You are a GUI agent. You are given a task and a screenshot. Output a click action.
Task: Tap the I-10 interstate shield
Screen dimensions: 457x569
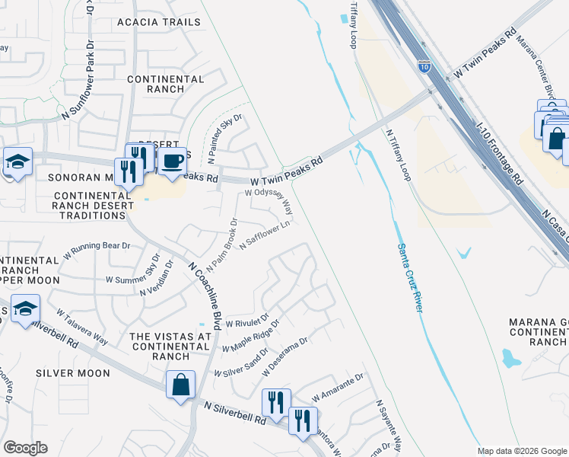pyautogui.click(x=424, y=66)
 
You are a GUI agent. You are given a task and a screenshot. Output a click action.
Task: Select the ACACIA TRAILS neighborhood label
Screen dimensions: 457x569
pyautogui.click(x=158, y=22)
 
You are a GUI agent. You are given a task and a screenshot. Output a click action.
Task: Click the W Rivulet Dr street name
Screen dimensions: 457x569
pyautogui.click(x=247, y=320)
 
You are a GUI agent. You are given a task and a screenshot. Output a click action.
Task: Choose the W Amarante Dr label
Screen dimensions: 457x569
pyautogui.click(x=338, y=387)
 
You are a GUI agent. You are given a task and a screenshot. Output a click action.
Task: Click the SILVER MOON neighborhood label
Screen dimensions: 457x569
pyautogui.click(x=73, y=373)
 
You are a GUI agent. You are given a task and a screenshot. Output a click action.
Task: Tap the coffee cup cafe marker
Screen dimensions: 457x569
pyautogui.click(x=173, y=161)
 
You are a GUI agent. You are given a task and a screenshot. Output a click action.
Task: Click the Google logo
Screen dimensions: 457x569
pyautogui.click(x=25, y=448)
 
